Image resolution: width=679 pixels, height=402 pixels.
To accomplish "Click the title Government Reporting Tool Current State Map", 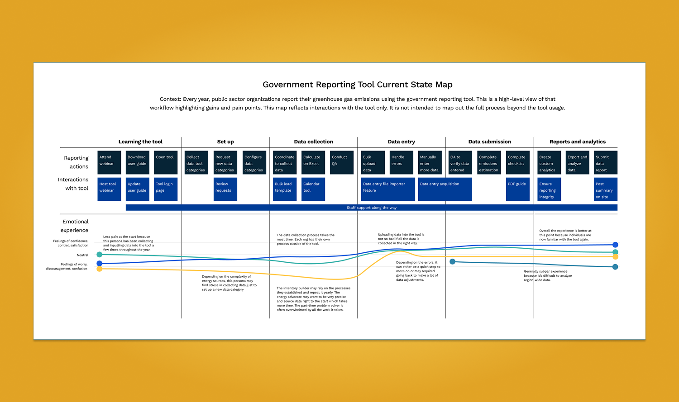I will coord(357,85).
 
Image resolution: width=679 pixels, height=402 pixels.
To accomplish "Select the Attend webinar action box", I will coord(109,162).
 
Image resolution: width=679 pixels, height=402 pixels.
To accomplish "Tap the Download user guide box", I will coord(138,162).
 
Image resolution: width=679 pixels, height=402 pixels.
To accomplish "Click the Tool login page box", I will coord(166,189).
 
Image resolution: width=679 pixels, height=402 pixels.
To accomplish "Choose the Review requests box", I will coord(225,189).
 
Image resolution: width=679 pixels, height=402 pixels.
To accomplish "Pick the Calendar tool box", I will coord(313,189).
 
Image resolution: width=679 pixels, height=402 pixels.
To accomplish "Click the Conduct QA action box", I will coord(342,162).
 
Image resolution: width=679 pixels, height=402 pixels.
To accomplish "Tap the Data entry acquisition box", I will coord(445,189).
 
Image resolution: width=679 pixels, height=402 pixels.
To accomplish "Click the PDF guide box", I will coord(518,189).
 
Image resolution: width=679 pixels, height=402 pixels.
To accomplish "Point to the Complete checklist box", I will coord(518,162).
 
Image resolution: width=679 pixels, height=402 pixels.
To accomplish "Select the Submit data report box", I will coord(606,162).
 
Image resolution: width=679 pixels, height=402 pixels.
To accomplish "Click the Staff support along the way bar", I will coord(371,208).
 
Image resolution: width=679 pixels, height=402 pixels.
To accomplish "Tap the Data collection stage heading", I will coord(313,142).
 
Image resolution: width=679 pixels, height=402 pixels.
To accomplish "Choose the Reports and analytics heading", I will coord(577,142).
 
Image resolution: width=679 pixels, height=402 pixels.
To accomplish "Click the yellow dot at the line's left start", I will coord(100,269).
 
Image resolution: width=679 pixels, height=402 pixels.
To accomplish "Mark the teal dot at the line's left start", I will coord(100,255).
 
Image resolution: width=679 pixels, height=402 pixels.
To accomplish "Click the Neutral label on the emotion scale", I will coord(82,255).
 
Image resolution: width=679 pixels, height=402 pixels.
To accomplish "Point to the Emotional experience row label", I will coord(75,226).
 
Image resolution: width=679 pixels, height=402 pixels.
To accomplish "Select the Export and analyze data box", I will coord(578,162).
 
